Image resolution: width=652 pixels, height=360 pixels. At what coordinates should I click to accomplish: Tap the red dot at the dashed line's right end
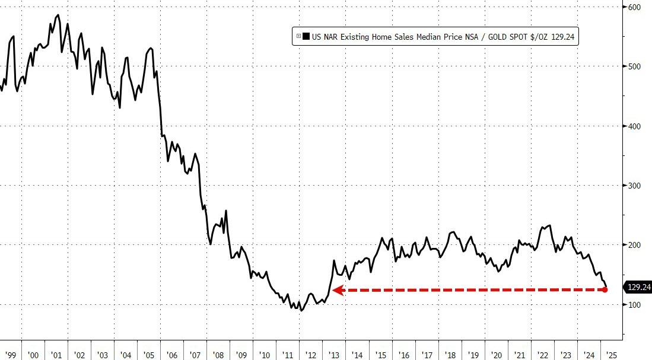coord(605,290)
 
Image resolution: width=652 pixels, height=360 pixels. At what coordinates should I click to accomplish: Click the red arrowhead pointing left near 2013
coord(336,290)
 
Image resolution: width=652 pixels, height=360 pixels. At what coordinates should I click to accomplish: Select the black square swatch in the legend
coord(306,37)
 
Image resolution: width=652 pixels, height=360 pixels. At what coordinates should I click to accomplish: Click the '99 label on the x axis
coord(9,355)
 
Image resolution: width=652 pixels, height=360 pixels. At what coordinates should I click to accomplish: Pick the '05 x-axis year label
coord(149,355)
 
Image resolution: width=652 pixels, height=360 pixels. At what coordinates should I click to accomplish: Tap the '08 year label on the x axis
coord(218,355)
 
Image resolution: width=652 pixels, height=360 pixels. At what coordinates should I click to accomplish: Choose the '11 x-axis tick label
coord(288,355)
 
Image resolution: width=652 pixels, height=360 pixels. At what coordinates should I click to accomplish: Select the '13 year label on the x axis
coord(335,355)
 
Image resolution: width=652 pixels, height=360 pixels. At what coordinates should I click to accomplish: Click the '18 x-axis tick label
coord(450,355)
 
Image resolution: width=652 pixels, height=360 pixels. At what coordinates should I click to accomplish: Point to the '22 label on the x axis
coord(543,355)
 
